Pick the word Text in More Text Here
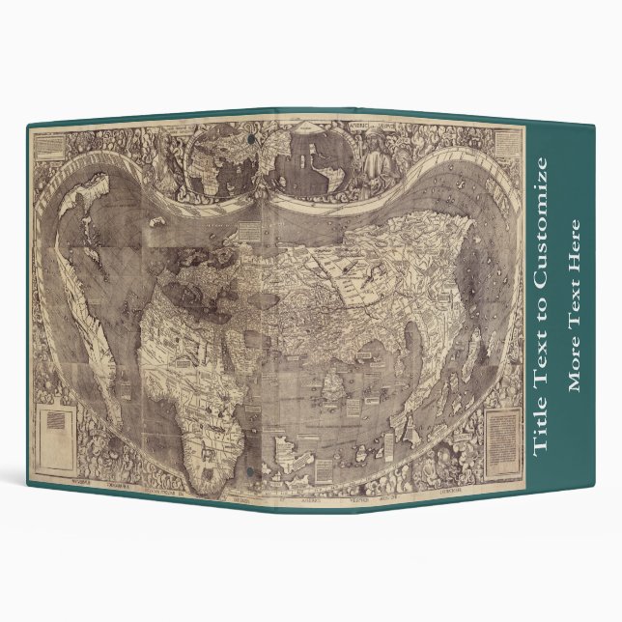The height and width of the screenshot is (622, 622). click(576, 302)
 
